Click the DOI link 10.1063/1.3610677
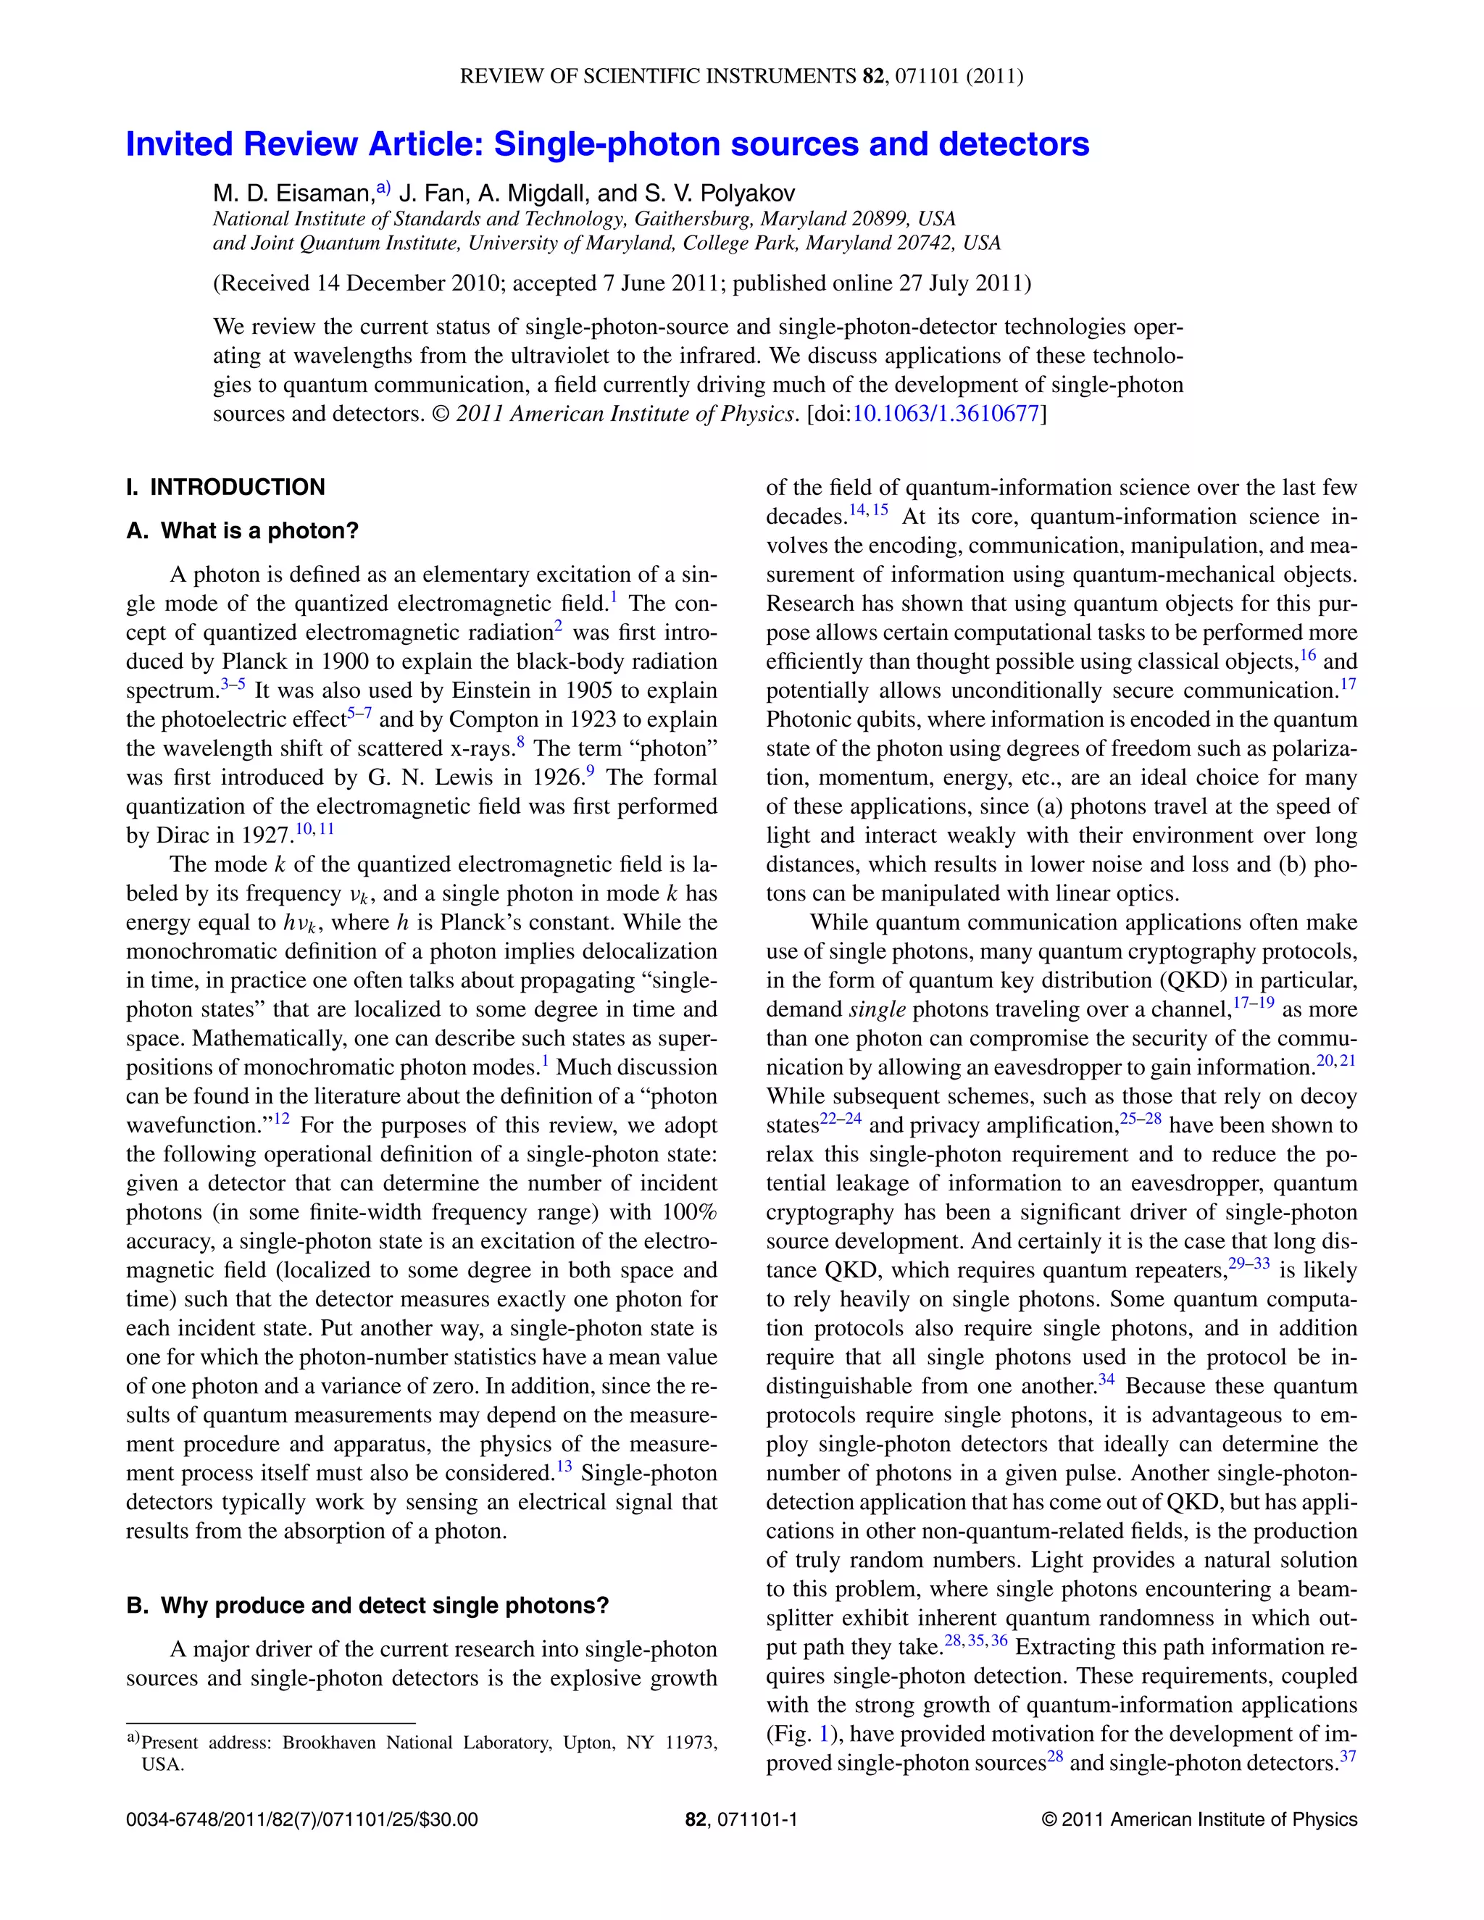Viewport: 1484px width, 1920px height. coord(946,413)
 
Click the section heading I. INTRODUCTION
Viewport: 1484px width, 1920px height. coord(225,487)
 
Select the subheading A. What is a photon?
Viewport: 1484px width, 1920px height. coord(243,531)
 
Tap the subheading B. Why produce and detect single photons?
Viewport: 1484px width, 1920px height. coord(367,1606)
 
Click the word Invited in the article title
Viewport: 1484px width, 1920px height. coord(180,144)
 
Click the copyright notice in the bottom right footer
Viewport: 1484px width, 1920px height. coord(1199,1820)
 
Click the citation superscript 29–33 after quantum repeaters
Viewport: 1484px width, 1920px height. coord(1249,1264)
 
